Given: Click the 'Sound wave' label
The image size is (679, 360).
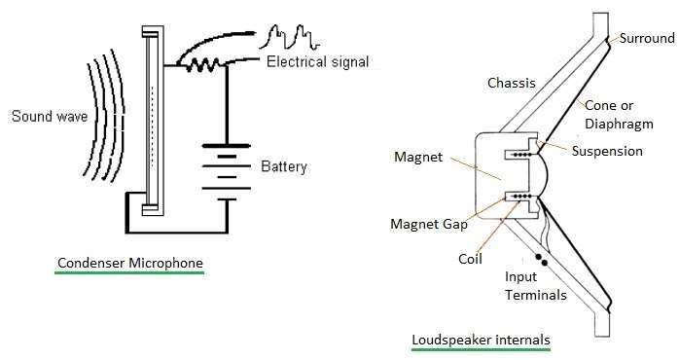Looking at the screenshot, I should tap(49, 118).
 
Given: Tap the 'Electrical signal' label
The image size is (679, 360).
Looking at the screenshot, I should tap(317, 63).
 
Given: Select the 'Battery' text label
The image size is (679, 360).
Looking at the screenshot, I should tap(283, 166).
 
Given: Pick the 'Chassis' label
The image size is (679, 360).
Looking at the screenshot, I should tap(511, 84).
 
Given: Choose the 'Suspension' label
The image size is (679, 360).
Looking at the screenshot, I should tap(607, 151).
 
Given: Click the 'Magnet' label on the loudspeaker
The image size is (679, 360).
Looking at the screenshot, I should tap(418, 157).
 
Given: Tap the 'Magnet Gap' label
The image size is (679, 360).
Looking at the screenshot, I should tap(428, 224).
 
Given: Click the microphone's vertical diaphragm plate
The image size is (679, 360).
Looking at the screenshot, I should tap(149, 121).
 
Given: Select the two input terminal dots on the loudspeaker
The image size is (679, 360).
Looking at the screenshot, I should tap(542, 262).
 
